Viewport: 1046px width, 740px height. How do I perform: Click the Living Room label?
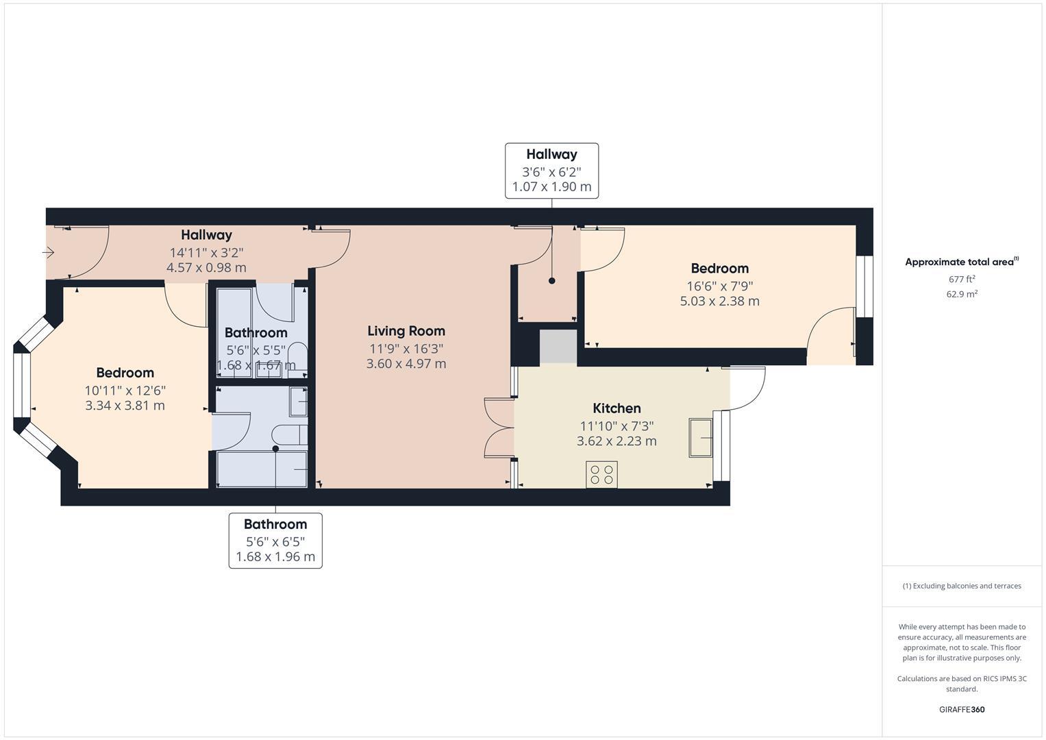(406, 331)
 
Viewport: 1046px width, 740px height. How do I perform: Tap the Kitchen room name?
(617, 408)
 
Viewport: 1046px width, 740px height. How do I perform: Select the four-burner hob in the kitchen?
(601, 474)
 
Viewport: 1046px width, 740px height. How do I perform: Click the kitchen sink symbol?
(701, 437)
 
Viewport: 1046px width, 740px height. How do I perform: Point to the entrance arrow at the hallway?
(49, 253)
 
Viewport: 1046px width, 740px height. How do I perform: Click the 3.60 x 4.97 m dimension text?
(406, 364)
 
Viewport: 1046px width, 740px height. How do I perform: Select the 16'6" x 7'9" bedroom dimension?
(719, 286)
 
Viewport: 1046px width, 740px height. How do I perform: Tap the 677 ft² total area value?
(962, 279)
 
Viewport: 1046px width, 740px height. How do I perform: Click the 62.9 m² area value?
(962, 294)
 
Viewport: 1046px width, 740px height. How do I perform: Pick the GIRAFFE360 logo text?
(962, 709)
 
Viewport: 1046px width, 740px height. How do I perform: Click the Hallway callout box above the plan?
(551, 171)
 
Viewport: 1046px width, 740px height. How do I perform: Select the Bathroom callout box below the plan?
(275, 541)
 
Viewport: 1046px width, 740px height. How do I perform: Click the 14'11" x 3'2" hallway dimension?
(206, 252)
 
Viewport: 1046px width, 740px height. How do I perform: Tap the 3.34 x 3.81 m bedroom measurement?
(125, 406)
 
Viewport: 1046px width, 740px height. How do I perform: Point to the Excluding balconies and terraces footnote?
(962, 586)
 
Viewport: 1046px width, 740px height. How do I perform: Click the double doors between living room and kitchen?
(500, 428)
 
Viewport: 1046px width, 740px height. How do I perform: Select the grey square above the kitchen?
(558, 347)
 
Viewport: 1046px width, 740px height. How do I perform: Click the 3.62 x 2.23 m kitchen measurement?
(617, 441)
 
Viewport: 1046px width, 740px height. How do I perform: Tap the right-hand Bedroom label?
(719, 269)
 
